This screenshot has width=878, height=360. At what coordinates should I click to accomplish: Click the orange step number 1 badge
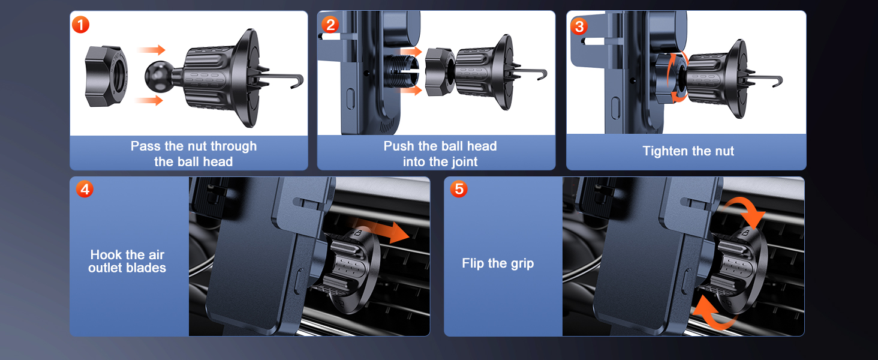[81, 25]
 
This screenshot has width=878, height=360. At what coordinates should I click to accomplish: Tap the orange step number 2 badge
[330, 25]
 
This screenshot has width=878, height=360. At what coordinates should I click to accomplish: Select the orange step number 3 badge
[579, 26]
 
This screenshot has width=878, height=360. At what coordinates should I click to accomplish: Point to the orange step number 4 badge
[85, 189]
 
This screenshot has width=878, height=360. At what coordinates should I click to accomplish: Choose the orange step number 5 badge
[459, 188]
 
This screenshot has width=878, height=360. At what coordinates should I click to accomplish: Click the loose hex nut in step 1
[106, 76]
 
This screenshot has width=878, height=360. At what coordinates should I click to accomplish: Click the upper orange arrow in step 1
[151, 50]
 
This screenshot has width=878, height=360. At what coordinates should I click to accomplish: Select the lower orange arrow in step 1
[149, 100]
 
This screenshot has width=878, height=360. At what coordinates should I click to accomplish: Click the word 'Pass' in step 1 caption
[146, 146]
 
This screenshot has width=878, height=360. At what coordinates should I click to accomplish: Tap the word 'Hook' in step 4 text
[106, 254]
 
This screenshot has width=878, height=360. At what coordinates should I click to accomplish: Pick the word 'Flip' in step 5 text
[473, 263]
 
